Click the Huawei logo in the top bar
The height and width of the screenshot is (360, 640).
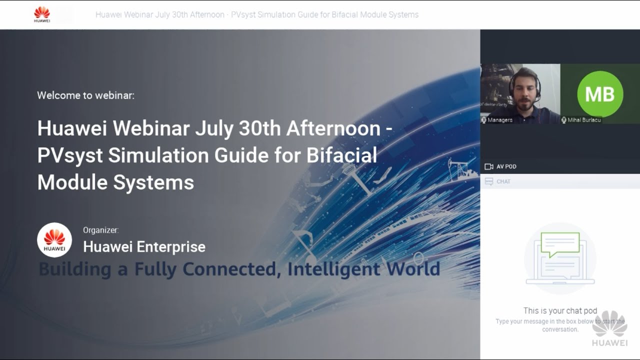pyautogui.click(x=42, y=14)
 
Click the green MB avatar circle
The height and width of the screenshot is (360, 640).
pyautogui.click(x=600, y=93)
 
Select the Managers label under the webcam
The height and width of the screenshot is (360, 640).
pyautogui.click(x=499, y=120)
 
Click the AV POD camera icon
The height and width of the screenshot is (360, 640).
pyautogui.click(x=489, y=166)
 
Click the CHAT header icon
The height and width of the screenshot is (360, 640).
pyautogui.click(x=489, y=181)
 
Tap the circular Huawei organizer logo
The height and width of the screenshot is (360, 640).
pyautogui.click(x=54, y=240)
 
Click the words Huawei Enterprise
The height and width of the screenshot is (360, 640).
pyautogui.click(x=144, y=246)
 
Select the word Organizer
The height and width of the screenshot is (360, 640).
pyautogui.click(x=100, y=230)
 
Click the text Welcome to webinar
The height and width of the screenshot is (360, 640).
pyautogui.click(x=85, y=95)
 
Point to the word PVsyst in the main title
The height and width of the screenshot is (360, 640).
pyautogui.click(x=70, y=155)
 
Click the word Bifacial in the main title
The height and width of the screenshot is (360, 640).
pyautogui.click(x=342, y=155)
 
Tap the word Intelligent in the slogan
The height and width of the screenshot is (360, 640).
pyautogui.click(x=333, y=269)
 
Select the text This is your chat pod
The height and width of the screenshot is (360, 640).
pyautogui.click(x=560, y=310)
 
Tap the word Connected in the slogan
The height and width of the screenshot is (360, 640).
pyautogui.click(x=230, y=269)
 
